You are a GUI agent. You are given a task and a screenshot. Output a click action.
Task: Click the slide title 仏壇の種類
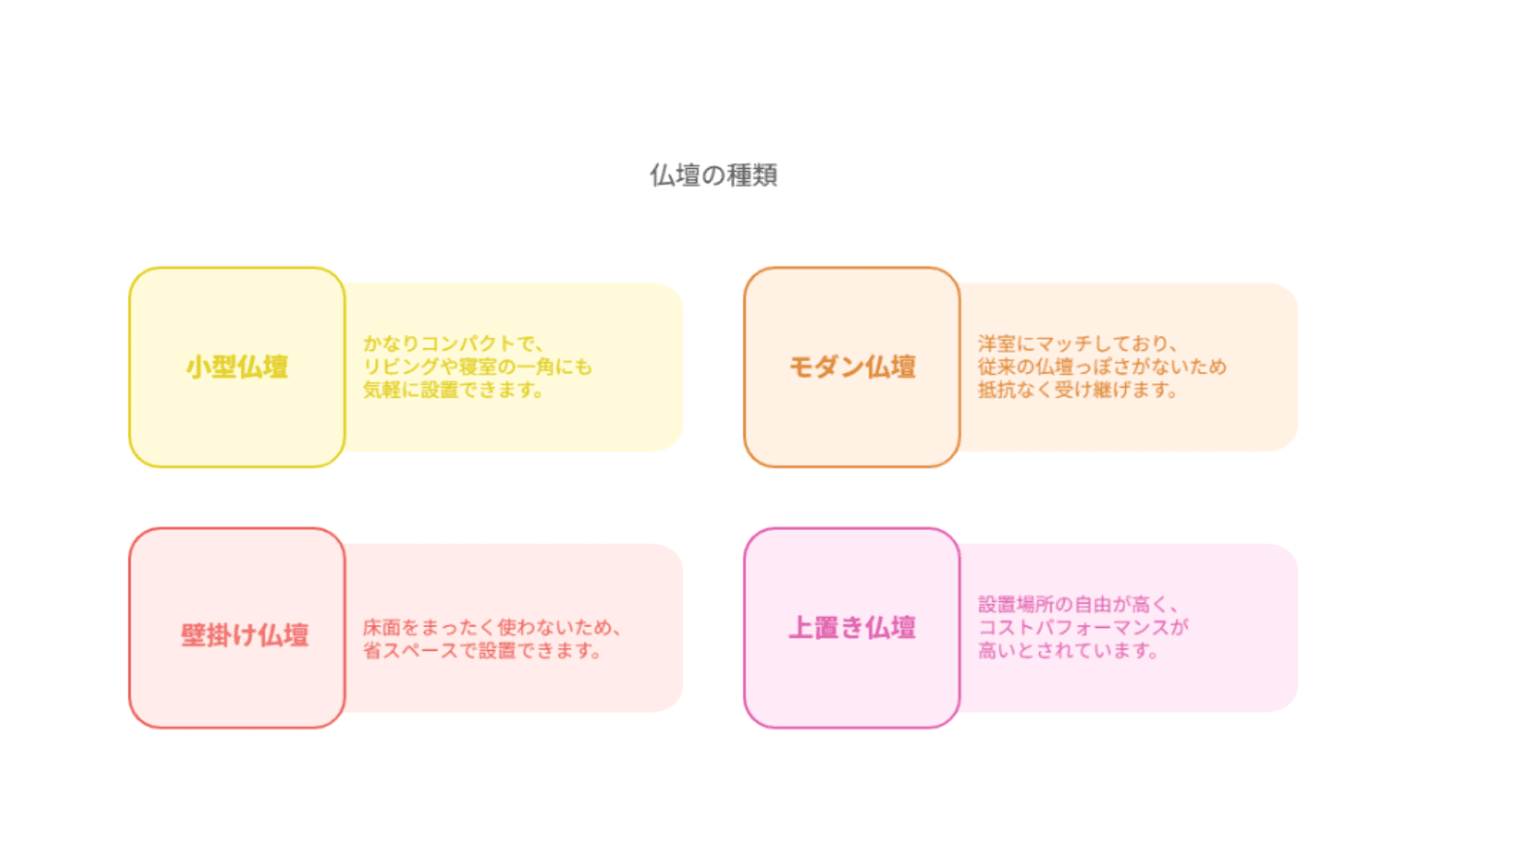(x=714, y=175)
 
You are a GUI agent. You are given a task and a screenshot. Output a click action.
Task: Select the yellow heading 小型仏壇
(x=237, y=367)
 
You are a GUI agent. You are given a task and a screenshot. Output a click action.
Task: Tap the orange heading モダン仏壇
(x=852, y=367)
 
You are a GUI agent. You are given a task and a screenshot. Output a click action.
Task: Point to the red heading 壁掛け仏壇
(x=244, y=635)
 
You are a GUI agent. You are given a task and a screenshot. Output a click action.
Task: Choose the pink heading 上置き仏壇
(x=852, y=628)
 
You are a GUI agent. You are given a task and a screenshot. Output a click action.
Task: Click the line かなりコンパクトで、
(x=453, y=344)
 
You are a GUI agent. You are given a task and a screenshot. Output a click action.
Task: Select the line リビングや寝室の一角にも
(x=477, y=366)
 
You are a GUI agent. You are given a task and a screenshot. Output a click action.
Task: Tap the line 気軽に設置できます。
(x=453, y=389)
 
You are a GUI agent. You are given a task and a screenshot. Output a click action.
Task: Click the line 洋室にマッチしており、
(x=1077, y=344)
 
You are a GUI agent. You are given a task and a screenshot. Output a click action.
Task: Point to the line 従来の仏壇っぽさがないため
(x=1102, y=366)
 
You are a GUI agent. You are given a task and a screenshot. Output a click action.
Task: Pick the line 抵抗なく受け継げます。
(x=1077, y=389)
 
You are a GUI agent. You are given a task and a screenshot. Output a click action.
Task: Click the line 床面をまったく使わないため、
(x=491, y=627)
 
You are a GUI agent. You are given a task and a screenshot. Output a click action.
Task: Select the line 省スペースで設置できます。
(x=482, y=650)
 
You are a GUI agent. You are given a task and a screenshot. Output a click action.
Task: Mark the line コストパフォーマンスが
(x=1083, y=627)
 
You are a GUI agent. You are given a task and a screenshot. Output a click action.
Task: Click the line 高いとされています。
(x=1068, y=650)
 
